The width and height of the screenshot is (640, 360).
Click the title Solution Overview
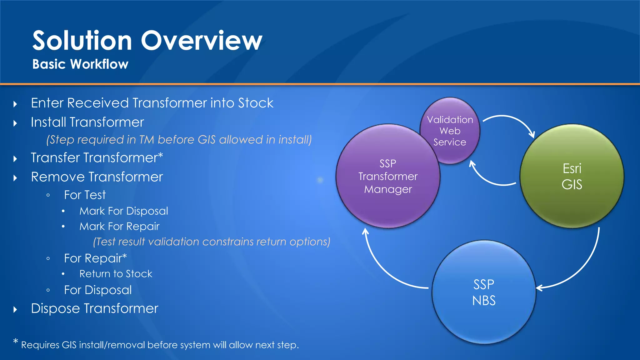147,41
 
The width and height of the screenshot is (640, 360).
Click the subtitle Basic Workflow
80,64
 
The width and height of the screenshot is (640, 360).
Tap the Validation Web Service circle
450,131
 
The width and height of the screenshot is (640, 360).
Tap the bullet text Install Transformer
87,122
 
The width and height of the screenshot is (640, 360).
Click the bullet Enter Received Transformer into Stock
152,103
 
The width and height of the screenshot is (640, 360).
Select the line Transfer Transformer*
97,157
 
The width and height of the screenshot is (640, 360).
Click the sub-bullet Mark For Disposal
124,211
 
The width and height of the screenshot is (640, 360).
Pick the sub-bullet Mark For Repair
119,226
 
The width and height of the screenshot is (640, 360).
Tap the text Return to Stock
116,274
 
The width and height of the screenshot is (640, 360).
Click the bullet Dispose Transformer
94,308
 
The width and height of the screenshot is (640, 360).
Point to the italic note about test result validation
212,242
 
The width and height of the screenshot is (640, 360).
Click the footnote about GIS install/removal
159,345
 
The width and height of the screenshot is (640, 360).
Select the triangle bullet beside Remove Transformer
15,178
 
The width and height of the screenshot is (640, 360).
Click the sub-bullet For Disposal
97,290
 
